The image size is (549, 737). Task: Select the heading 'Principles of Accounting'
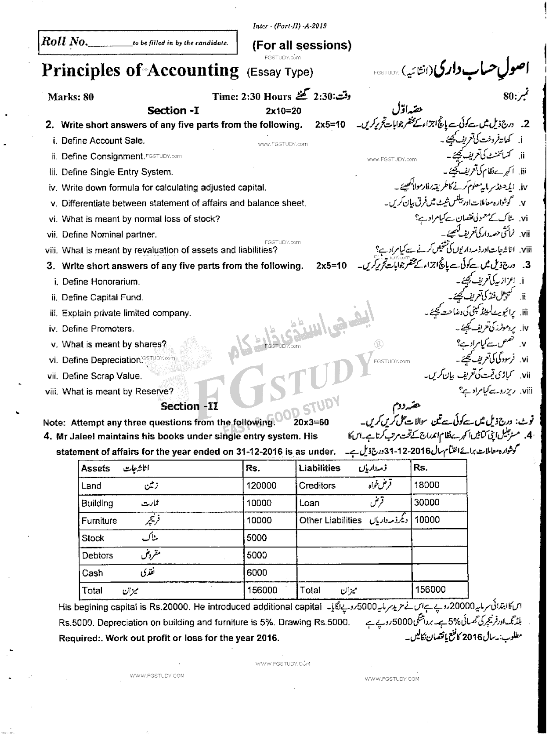[140, 70]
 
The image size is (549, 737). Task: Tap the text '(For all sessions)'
[302, 45]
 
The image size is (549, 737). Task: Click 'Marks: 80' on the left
[71, 97]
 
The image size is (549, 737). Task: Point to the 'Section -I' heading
[173, 111]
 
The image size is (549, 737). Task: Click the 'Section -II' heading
[189, 406]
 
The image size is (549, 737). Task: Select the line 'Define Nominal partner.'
[109, 234]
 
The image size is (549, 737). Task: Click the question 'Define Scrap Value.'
[102, 376]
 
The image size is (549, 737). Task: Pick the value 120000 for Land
[262, 485]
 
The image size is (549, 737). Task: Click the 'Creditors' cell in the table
[317, 485]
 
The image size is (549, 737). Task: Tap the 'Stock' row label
[93, 538]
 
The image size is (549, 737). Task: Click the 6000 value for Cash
[257, 573]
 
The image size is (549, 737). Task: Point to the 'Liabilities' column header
[319, 468]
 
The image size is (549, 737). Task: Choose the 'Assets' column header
[95, 468]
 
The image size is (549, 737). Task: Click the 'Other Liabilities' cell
[330, 520]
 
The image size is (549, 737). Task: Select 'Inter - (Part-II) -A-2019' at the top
[289, 26]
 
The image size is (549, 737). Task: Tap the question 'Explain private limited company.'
[126, 313]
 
